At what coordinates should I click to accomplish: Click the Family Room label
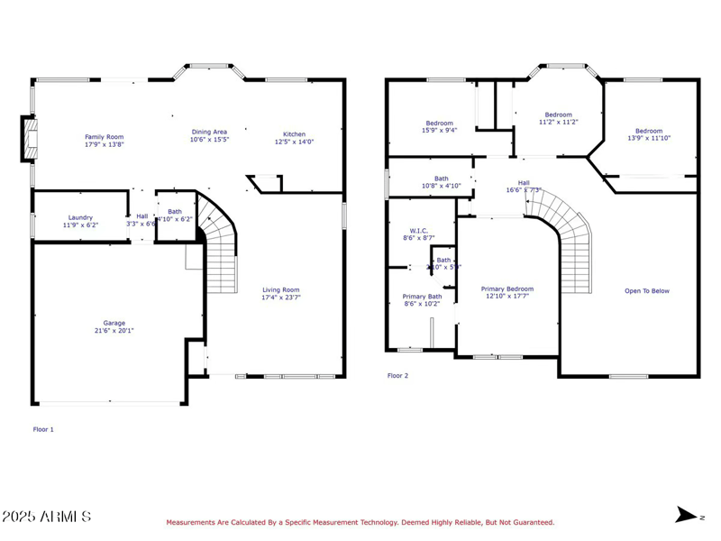(104, 137)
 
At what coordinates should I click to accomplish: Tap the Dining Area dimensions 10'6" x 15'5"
(209, 140)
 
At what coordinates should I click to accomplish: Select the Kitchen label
(294, 134)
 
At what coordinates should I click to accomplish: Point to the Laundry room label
(80, 217)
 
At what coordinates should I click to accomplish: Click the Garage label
(114, 323)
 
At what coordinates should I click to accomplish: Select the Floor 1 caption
(43, 429)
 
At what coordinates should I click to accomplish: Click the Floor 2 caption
(397, 375)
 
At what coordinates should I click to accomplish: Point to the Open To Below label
(647, 291)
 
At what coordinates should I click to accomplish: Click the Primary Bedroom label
(507, 289)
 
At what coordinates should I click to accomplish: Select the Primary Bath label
(422, 297)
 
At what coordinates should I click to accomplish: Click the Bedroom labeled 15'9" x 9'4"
(440, 124)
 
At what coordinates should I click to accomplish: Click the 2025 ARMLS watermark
(47, 517)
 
